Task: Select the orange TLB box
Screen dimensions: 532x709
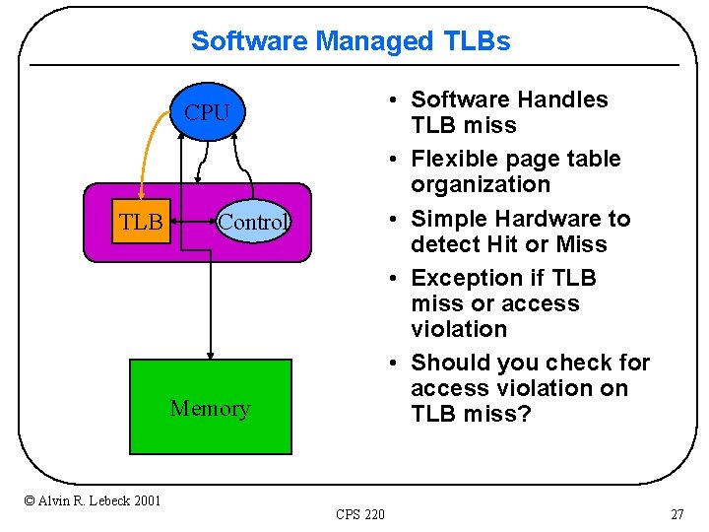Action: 142,223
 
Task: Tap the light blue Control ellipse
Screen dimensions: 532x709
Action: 253,223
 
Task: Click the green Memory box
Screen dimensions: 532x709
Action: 211,407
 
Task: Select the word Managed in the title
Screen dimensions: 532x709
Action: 374,41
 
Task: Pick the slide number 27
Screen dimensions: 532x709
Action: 677,513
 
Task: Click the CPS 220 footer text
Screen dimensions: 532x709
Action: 360,513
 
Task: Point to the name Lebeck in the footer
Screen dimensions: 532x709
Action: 104,500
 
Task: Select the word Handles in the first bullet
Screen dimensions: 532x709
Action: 562,100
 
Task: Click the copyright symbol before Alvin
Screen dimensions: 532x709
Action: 29,500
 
